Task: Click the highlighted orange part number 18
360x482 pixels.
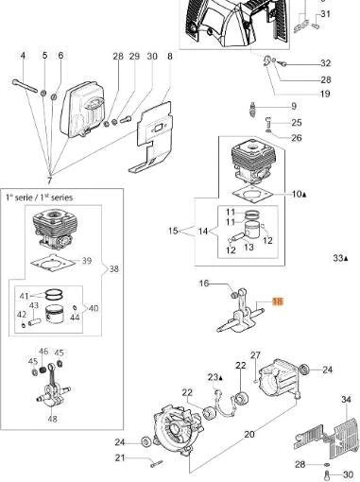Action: tap(278, 301)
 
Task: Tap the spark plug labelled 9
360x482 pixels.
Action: tap(252, 110)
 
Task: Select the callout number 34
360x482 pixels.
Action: tap(346, 400)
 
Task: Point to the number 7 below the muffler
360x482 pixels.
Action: tap(49, 181)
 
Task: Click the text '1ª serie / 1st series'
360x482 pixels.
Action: tap(39, 198)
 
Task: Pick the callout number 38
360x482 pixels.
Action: tap(114, 269)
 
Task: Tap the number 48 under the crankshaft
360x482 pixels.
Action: tap(53, 419)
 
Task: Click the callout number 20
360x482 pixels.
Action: tap(249, 434)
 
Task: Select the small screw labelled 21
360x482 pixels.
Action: tap(157, 463)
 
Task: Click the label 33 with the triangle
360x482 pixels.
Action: tap(341, 258)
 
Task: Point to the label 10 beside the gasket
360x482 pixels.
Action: tap(299, 194)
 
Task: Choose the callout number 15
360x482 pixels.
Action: tap(173, 231)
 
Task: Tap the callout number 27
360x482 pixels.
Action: tap(255, 355)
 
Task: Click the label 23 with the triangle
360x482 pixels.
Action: tap(215, 377)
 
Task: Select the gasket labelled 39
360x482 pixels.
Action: tap(52, 262)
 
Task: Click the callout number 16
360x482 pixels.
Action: tap(204, 284)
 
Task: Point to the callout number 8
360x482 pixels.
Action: tap(170, 56)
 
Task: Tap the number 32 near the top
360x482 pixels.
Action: tap(326, 63)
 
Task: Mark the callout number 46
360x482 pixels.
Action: tap(43, 352)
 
